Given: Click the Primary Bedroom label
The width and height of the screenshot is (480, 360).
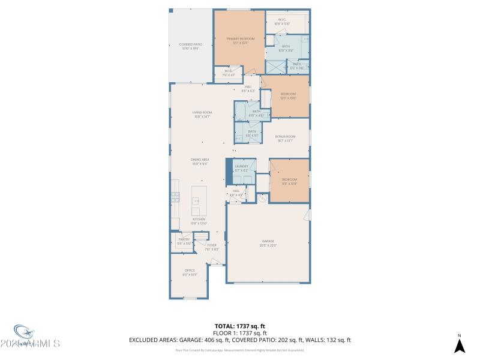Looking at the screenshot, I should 241,41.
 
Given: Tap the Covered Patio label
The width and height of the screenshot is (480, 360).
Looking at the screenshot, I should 190,46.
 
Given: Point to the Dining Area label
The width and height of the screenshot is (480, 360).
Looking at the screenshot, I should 199,161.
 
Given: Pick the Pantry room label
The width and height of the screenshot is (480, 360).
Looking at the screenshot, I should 184,241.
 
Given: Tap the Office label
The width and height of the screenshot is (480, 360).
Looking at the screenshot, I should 190,272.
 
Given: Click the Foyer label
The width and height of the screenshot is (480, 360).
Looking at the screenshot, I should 212,247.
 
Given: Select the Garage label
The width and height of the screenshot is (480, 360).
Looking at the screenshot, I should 268,244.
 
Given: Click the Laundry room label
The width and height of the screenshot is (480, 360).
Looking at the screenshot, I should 241,168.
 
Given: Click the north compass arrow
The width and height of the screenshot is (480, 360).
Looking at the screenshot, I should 459,346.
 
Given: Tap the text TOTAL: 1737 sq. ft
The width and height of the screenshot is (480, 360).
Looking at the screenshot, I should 239,326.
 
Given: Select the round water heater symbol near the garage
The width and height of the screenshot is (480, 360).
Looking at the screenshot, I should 262,198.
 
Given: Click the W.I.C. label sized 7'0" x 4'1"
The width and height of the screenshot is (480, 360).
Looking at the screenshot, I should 228,74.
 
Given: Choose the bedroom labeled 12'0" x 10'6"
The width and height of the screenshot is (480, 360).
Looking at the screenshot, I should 289,97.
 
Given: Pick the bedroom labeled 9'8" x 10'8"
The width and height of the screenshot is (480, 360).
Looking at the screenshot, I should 290,182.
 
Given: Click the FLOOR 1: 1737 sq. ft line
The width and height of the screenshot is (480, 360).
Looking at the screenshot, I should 239,333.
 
